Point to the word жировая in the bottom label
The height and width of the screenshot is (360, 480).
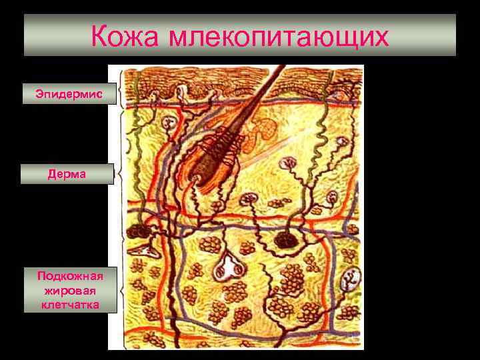[x=69, y=290]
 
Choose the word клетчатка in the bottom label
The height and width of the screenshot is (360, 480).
[x=69, y=305]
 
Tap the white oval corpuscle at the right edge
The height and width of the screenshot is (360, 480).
[x=348, y=281]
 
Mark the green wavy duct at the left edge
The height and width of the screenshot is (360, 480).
[x=137, y=133]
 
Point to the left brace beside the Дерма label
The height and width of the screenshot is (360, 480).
[x=120, y=175]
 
